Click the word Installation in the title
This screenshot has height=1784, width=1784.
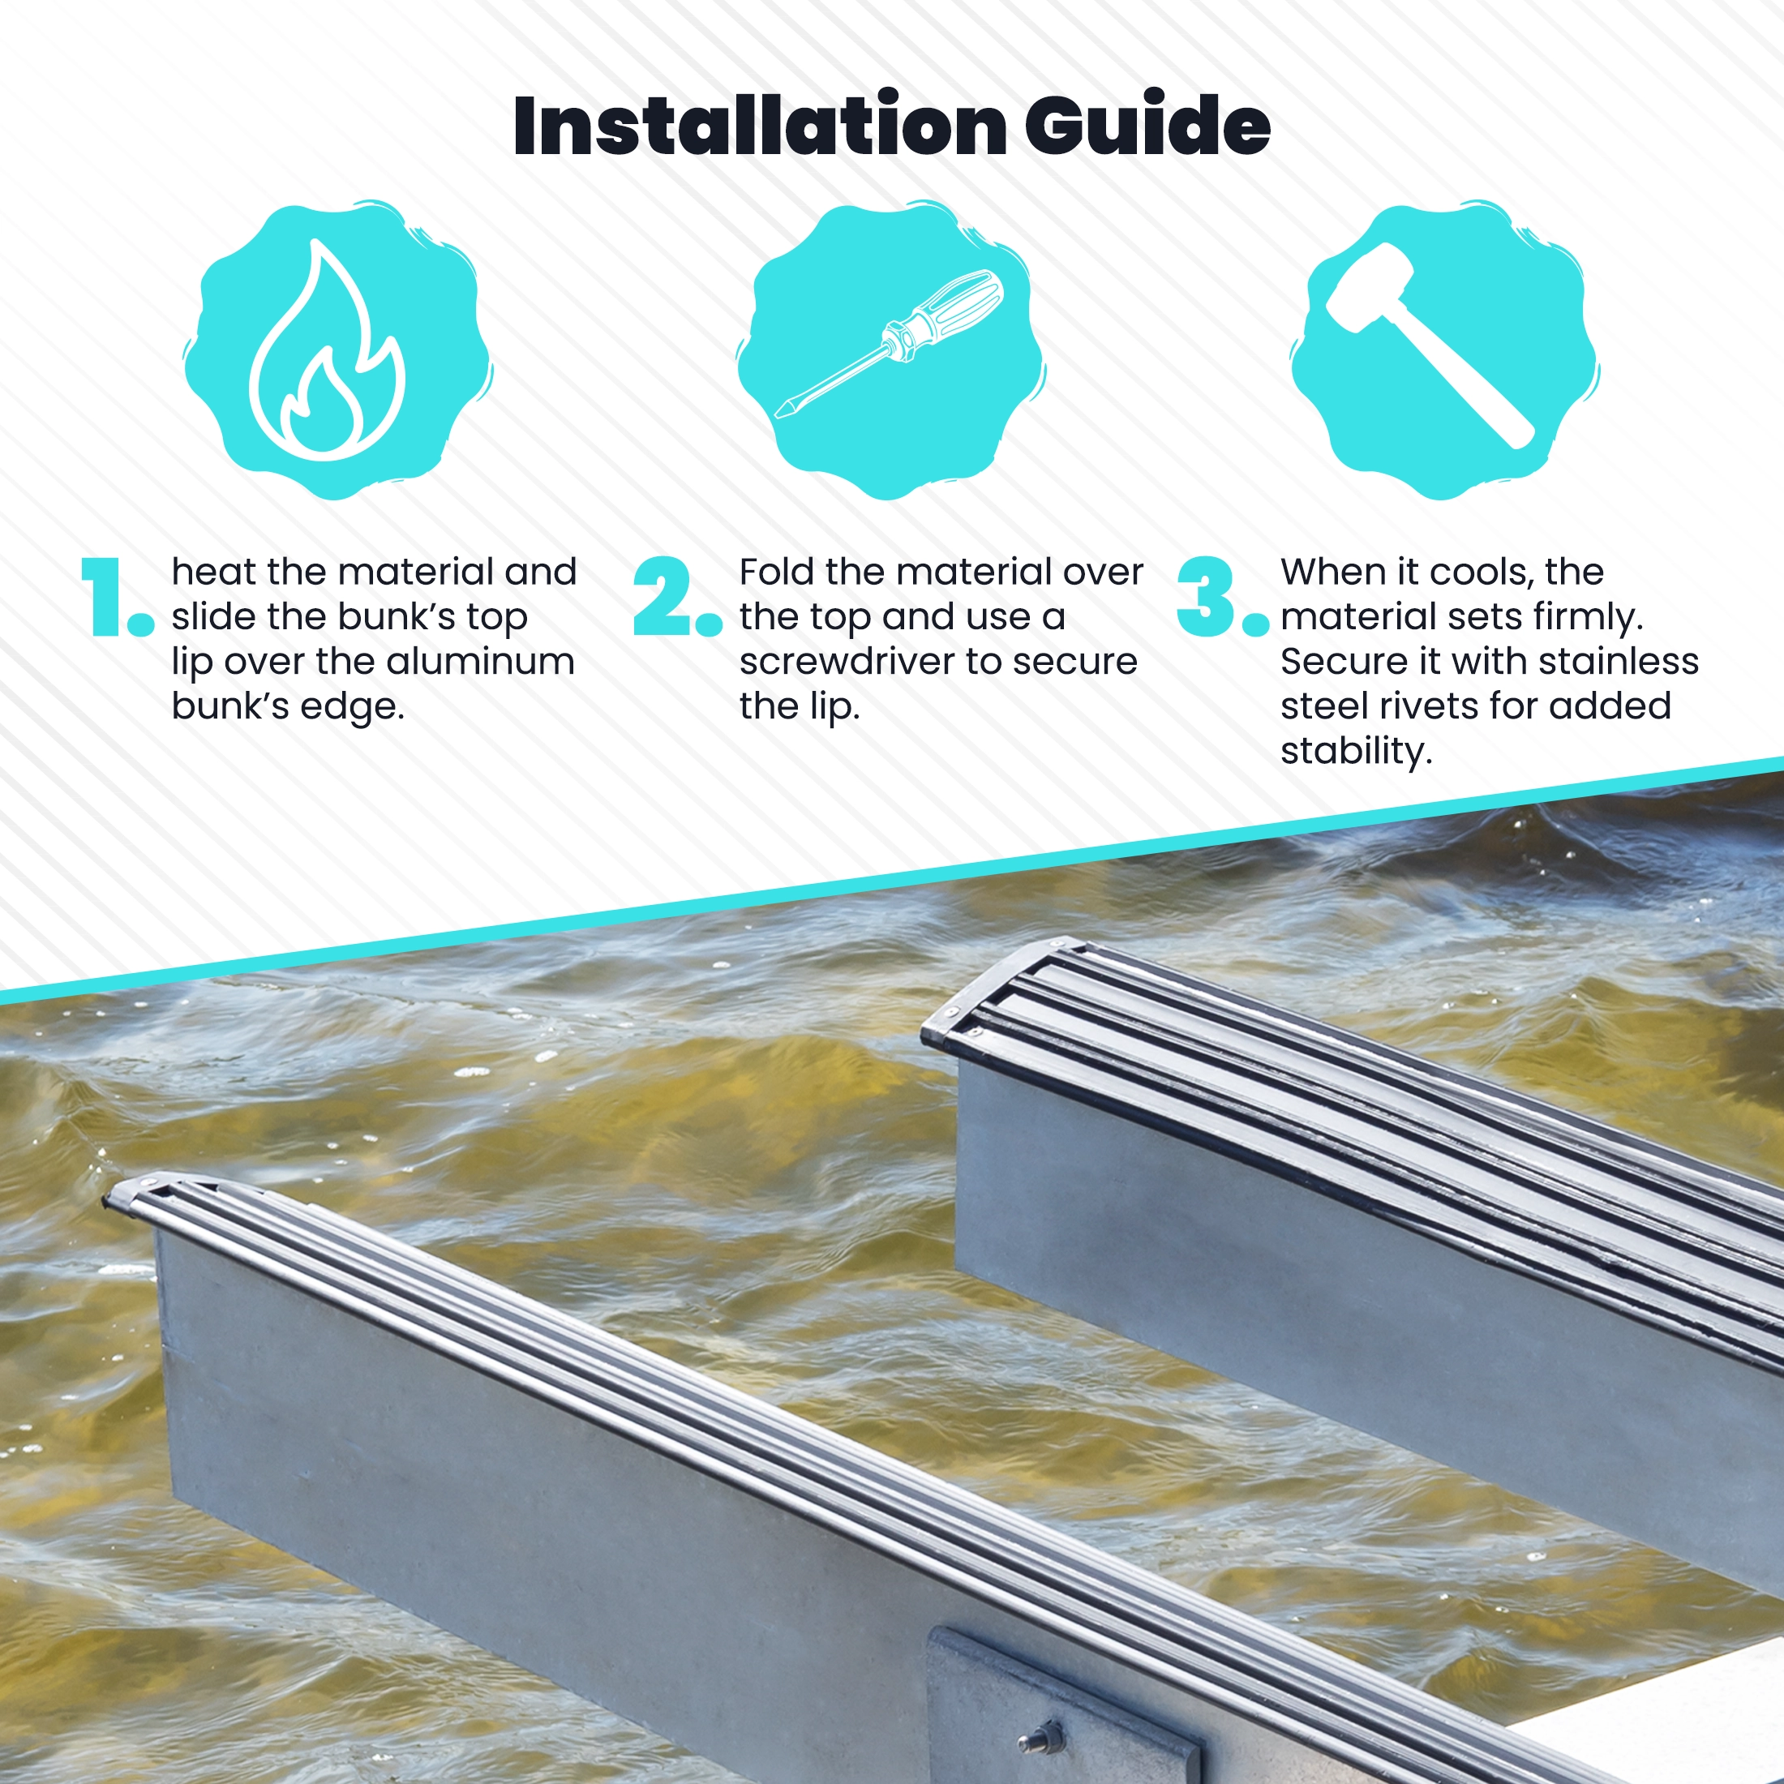760,125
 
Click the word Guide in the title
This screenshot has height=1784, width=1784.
1147,125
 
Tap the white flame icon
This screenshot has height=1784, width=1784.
327,351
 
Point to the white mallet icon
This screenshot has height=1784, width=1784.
1430,345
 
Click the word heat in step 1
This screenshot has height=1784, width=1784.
214,573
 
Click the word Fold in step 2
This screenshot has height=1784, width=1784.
776,573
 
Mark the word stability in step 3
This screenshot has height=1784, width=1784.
1357,752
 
